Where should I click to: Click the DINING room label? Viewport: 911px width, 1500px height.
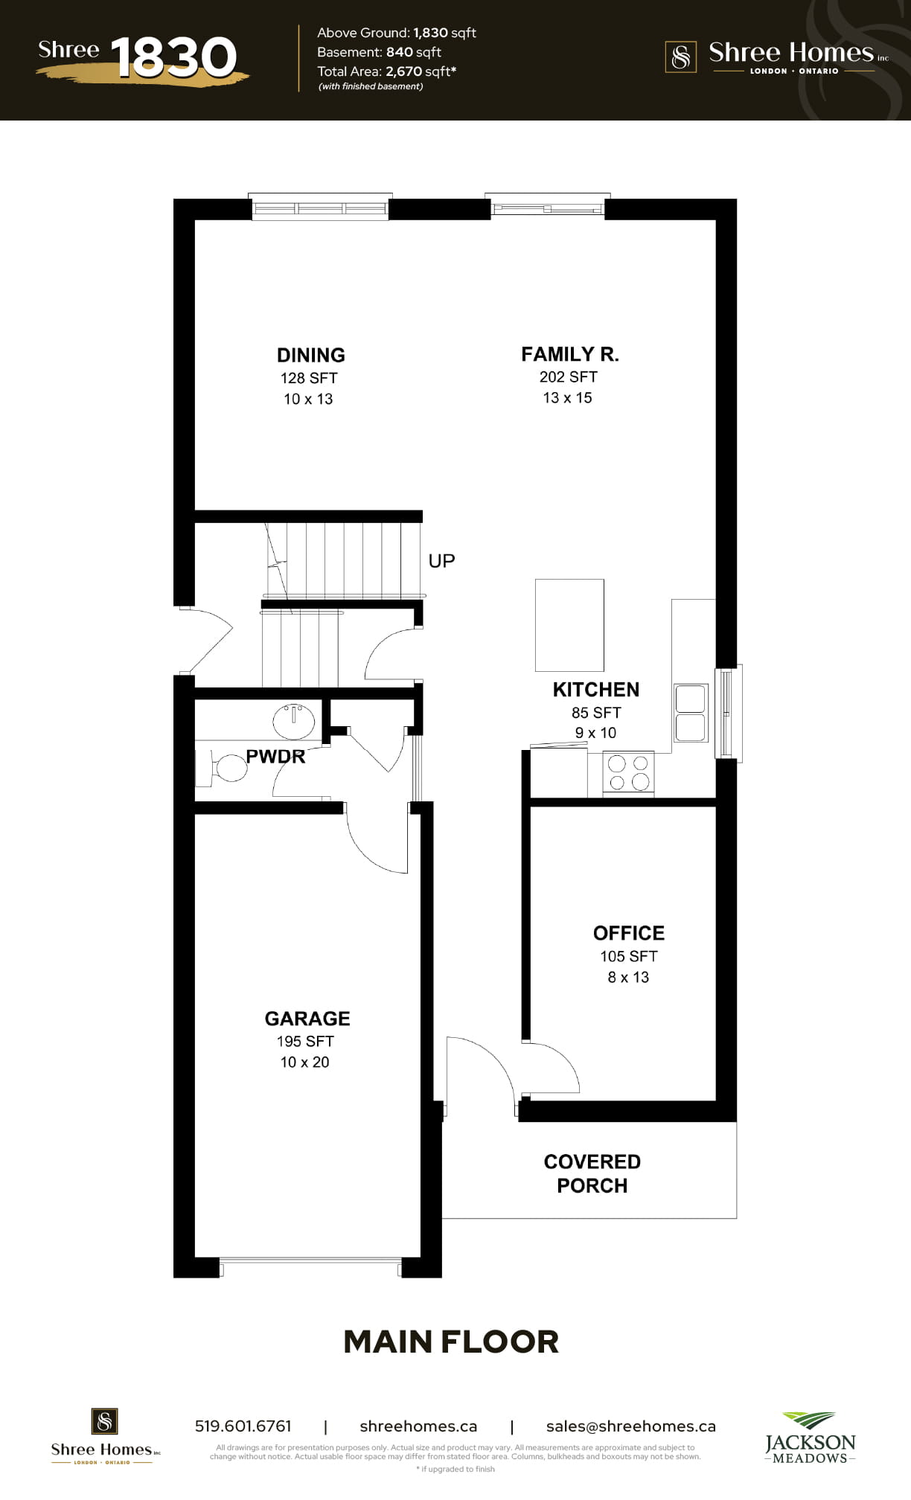(x=311, y=355)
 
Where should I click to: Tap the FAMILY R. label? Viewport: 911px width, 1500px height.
(x=570, y=354)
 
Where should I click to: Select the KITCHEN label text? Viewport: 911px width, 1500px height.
(x=596, y=690)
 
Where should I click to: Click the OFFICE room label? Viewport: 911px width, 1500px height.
(x=629, y=933)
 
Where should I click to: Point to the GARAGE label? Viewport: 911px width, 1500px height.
(x=307, y=1019)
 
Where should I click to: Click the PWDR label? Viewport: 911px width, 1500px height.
(x=275, y=757)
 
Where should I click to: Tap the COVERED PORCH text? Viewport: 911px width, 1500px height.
(x=592, y=1173)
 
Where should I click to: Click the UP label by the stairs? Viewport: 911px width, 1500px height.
(x=441, y=560)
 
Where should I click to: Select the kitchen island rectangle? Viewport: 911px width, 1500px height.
(x=569, y=625)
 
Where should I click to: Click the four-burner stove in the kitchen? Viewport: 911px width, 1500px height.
(x=628, y=773)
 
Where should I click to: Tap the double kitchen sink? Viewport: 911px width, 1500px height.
(x=691, y=713)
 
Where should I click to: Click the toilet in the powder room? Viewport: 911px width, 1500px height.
(x=223, y=768)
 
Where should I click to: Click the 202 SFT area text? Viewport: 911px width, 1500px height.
(x=569, y=377)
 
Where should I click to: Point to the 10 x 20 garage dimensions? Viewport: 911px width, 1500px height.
(x=305, y=1062)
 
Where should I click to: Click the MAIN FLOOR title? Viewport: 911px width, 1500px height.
(x=451, y=1342)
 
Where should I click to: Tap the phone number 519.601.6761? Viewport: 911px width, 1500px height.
(x=243, y=1426)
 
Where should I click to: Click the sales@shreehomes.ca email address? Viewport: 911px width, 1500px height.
(x=631, y=1426)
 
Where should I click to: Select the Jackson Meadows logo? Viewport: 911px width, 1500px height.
(x=811, y=1437)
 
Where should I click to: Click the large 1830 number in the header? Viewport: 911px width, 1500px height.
(x=173, y=57)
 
